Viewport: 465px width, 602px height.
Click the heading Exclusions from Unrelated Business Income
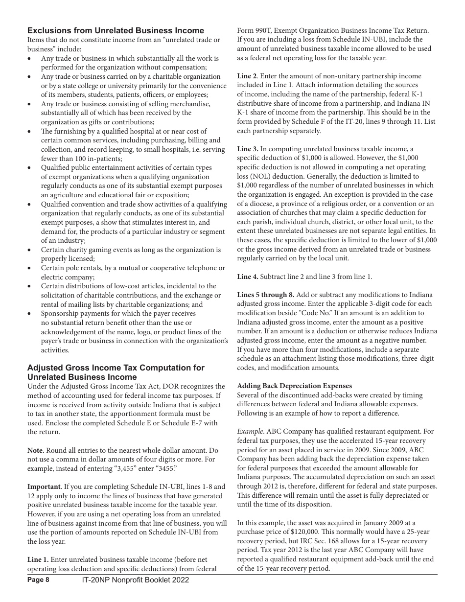click(116, 31)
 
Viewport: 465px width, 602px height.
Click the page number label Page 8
click(38, 580)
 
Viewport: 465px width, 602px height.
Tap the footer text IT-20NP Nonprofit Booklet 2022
click(135, 580)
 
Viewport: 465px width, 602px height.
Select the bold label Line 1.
click(38, 559)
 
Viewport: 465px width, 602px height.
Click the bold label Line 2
click(247, 76)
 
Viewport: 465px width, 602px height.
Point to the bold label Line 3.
click(248, 149)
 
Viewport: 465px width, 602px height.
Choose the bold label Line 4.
click(248, 277)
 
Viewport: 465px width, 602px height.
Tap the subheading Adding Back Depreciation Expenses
click(294, 386)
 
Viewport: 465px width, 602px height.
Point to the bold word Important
click(44, 486)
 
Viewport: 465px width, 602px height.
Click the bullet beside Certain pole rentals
click(30, 268)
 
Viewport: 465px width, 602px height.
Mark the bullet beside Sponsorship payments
click(30, 314)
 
